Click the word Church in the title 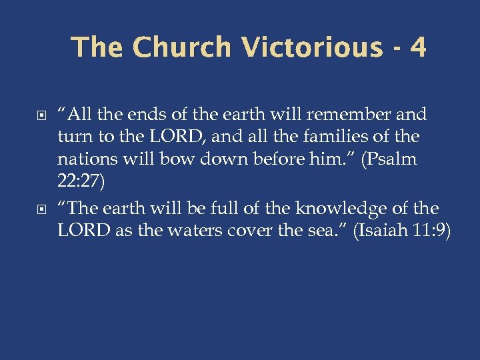181,47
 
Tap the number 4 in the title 418,47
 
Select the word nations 83,161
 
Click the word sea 312,231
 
